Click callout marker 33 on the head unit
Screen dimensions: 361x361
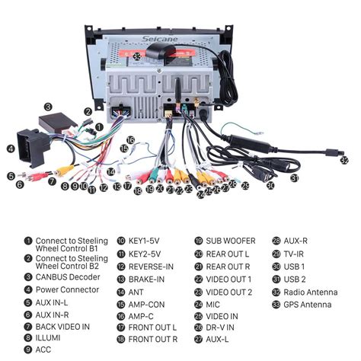coord(136,56)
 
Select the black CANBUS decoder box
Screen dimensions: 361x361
coord(54,124)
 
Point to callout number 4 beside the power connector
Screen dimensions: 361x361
coord(11,149)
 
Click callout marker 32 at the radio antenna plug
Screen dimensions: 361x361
coord(344,161)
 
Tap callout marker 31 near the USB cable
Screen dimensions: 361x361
coord(295,177)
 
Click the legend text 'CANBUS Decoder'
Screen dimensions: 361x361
coord(68,277)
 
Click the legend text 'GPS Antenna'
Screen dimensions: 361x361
coord(308,305)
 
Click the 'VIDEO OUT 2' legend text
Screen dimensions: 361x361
coord(229,291)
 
